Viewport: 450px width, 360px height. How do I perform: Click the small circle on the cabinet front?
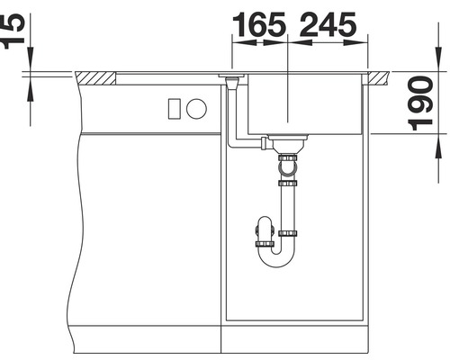click(x=196, y=109)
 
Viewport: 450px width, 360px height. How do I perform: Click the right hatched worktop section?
click(x=375, y=78)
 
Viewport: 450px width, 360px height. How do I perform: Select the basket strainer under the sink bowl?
click(x=289, y=142)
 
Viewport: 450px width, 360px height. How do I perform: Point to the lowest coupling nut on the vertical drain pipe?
click(x=289, y=233)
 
